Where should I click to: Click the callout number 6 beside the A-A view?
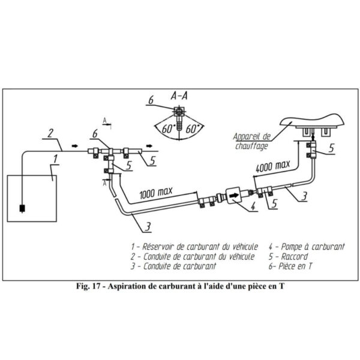(151, 100)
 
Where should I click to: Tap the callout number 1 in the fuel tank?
(55, 159)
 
